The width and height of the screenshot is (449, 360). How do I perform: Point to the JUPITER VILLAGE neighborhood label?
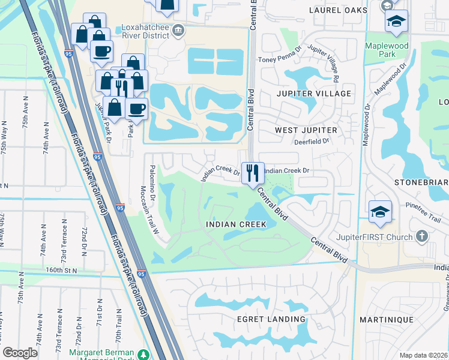point(313,94)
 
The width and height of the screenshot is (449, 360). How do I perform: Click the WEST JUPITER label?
point(306,130)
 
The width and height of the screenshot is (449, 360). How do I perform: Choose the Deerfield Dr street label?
point(312,142)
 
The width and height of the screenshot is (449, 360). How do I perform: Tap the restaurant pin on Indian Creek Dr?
point(253,172)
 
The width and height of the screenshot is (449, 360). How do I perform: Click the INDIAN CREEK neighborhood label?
point(235,224)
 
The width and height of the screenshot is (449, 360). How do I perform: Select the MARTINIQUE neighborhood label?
point(384,320)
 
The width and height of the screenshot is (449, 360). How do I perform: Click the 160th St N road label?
point(62,271)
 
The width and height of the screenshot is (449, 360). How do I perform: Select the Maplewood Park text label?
point(388,50)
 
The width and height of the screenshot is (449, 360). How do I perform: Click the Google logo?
point(20,353)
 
